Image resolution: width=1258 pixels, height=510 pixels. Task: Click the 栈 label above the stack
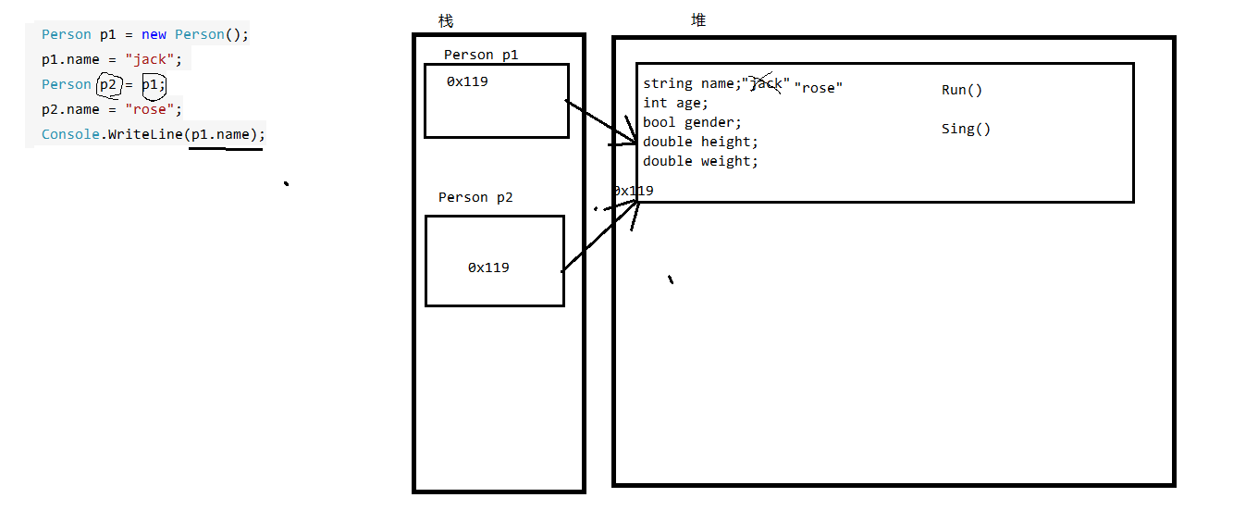pos(446,20)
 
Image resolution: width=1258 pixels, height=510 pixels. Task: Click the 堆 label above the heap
pos(698,20)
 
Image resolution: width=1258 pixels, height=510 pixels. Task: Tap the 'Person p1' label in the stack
pos(481,55)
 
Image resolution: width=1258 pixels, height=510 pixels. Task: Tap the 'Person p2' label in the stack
pos(475,197)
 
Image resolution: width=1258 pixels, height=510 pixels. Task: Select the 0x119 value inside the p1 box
pos(467,81)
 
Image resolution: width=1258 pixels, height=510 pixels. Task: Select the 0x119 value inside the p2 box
pos(488,267)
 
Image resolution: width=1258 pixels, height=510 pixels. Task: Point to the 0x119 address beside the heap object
pos(634,191)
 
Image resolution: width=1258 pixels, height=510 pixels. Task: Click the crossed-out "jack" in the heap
pos(767,84)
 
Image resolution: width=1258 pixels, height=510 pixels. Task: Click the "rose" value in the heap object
pos(818,88)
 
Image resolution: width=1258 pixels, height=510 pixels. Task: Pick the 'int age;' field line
pos(675,103)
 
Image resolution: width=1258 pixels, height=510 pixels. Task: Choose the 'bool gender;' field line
pos(692,122)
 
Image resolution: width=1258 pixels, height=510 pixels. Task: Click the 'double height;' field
pos(700,142)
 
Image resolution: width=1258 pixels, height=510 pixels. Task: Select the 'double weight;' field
pos(700,161)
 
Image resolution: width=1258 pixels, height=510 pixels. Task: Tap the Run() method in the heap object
pos(962,90)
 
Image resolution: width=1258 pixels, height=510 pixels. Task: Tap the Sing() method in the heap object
pos(966,129)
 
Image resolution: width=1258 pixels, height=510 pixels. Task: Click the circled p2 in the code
pos(110,84)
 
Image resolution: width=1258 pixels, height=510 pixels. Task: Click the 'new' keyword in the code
pos(154,34)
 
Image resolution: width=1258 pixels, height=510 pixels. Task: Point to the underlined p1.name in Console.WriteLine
pos(220,134)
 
